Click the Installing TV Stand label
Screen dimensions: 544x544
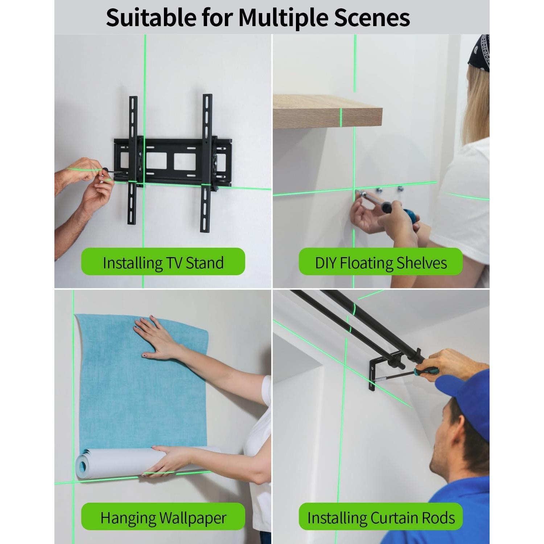pos(163,262)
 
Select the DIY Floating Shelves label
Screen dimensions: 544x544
pos(381,262)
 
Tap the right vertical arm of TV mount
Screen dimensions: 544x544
pos(207,163)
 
